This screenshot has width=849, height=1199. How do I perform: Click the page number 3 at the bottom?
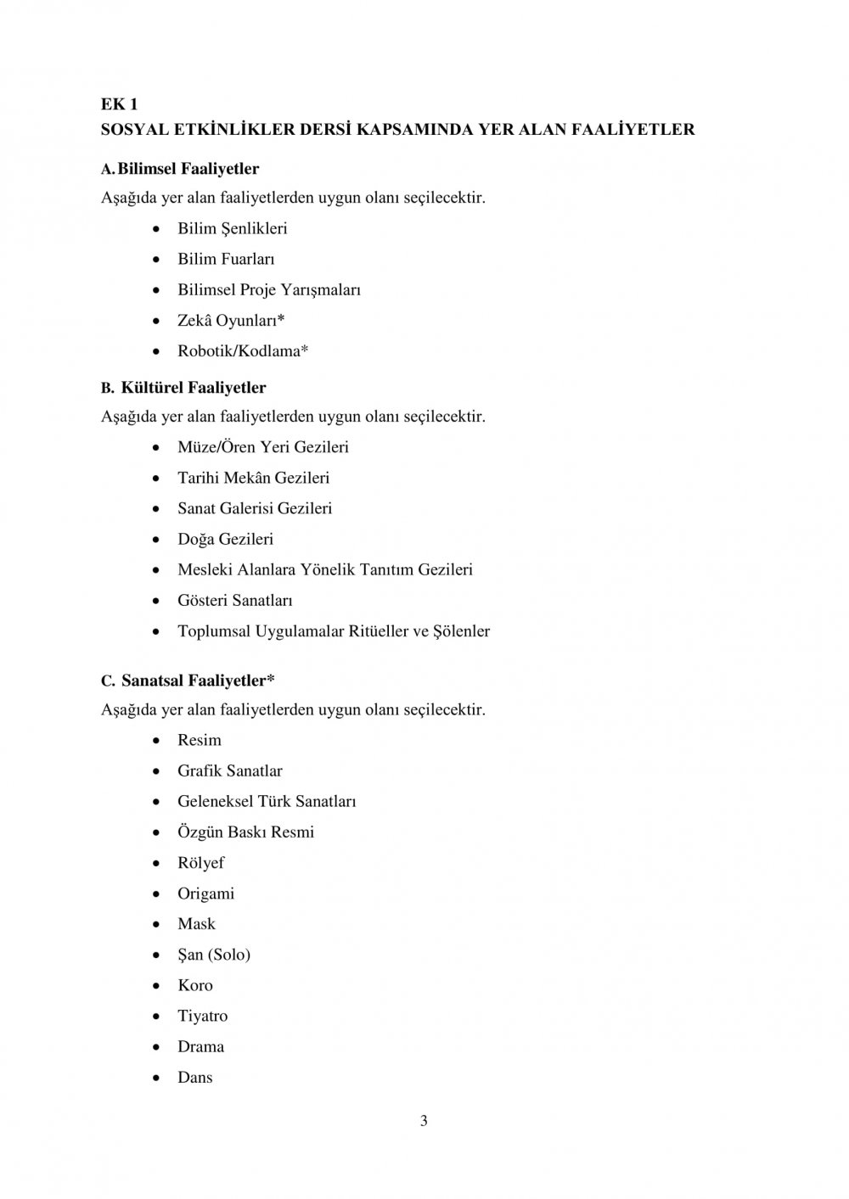[424, 1121]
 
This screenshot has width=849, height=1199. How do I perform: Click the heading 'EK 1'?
[119, 104]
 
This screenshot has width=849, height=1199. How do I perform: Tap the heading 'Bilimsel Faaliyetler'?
[188, 169]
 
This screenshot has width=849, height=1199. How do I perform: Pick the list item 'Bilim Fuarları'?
[226, 259]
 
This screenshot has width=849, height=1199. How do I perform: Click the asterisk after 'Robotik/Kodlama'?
[305, 350]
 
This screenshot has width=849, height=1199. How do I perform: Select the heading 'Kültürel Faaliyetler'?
[194, 388]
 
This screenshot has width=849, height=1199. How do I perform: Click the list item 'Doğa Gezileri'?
[225, 539]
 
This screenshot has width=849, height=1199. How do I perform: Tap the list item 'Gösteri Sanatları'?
[234, 600]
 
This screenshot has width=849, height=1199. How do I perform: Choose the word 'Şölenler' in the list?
[462, 630]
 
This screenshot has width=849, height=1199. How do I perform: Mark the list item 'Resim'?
[199, 740]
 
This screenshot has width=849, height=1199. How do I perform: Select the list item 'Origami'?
[205, 893]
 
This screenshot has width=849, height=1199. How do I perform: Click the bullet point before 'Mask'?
[157, 924]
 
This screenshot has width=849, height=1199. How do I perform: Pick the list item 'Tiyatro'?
[202, 1016]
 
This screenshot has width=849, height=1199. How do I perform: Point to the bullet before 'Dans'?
[157, 1078]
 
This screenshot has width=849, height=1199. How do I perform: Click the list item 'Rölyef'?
[200, 862]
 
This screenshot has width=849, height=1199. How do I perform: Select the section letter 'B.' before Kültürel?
[107, 389]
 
